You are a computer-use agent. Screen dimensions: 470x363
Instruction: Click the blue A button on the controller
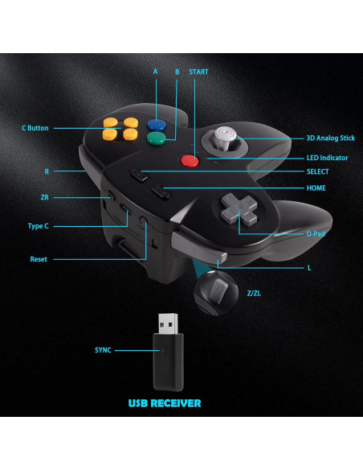pyautogui.click(x=157, y=125)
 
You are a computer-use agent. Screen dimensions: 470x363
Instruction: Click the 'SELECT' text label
pyautogui.click(x=318, y=171)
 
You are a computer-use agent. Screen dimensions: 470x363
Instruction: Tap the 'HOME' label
pyautogui.click(x=316, y=188)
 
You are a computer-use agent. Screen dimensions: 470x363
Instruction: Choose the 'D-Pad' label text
pyautogui.click(x=315, y=233)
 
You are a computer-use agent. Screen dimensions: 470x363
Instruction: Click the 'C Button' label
pyautogui.click(x=35, y=128)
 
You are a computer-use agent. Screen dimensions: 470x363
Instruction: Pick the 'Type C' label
pyautogui.click(x=39, y=226)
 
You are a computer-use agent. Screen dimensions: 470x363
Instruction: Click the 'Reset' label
pyautogui.click(x=39, y=258)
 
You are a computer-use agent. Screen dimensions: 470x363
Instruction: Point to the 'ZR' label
pyautogui.click(x=45, y=197)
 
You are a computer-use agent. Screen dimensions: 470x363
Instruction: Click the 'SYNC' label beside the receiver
pyautogui.click(x=104, y=350)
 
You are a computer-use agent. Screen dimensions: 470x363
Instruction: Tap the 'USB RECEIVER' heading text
pyautogui.click(x=165, y=402)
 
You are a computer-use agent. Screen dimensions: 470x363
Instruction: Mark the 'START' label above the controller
pyautogui.click(x=198, y=72)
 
